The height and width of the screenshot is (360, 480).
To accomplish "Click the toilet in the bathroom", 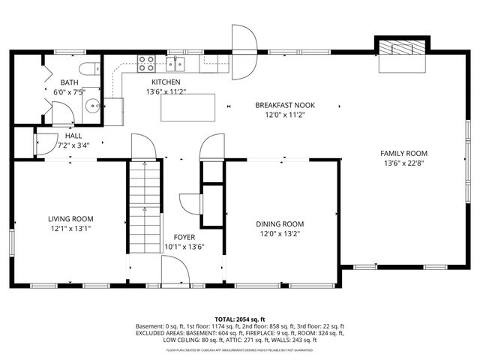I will tap(88, 69).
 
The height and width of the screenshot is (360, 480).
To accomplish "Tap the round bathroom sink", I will tap(93, 105).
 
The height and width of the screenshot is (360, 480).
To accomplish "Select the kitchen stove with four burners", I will tap(145, 63).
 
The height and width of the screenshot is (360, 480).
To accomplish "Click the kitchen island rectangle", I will tap(187, 107).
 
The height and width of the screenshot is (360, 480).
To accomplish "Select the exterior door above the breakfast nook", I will tap(244, 51).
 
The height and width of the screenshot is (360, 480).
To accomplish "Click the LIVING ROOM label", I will tap(71, 219).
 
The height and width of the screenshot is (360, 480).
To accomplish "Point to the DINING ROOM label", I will tap(280, 223).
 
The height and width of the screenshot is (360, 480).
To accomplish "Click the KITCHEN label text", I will tap(166, 82).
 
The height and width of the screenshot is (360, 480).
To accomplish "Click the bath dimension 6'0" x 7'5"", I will tap(69, 92).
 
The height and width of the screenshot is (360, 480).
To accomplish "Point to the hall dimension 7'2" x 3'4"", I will tap(73, 145).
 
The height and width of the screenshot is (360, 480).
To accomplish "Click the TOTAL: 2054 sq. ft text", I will tap(240, 319).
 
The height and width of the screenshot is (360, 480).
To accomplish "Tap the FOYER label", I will tap(184, 237).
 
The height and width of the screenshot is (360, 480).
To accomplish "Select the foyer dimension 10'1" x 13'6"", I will tap(184, 247).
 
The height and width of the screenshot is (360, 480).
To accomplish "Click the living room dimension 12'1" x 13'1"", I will tap(71, 229).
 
